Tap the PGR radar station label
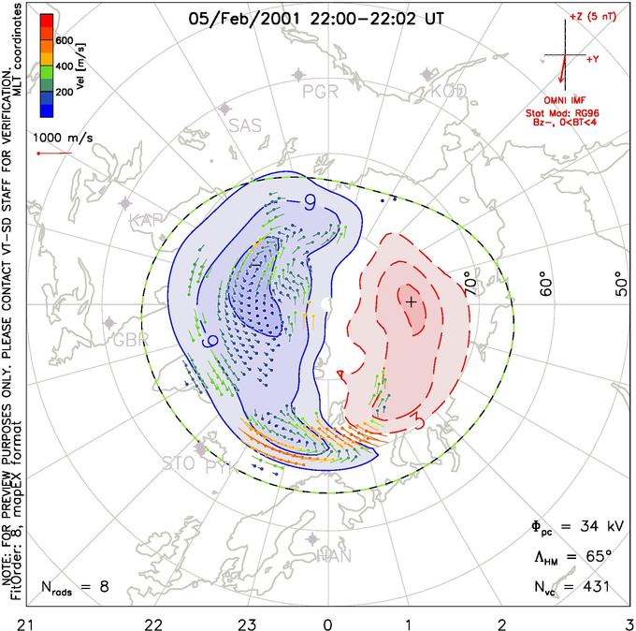tap(319, 92)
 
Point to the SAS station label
tap(245, 125)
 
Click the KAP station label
tap(147, 220)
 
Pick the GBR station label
tap(130, 339)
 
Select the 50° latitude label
tap(618, 281)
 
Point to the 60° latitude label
tap(547, 281)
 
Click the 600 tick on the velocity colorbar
tap(64, 40)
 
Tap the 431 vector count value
tap(594, 587)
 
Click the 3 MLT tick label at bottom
tap(628, 622)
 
